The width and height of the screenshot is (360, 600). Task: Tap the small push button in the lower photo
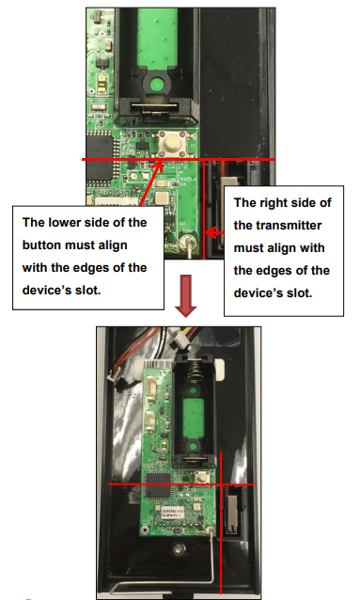(x=200, y=478)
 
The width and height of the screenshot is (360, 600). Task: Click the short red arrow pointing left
(x=214, y=232)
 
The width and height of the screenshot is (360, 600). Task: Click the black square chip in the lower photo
(x=158, y=485)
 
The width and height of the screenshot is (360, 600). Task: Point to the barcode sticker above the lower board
(x=158, y=365)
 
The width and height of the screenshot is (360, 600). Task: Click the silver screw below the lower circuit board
(x=177, y=549)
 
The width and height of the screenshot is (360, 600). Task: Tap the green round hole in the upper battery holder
(x=156, y=83)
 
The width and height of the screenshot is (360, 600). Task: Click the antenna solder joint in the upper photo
(x=187, y=241)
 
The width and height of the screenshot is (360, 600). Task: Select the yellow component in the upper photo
(x=102, y=85)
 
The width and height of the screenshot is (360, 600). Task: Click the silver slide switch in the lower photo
(x=230, y=514)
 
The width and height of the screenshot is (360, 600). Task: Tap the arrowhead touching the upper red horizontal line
(x=160, y=165)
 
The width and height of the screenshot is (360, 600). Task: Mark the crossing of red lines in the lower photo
(x=221, y=484)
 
